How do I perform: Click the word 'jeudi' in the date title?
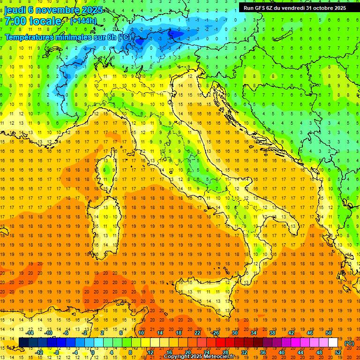point(15,10)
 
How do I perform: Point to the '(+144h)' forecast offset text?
point(83,21)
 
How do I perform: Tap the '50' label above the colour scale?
point(328,333)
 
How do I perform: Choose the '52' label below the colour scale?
point(338,352)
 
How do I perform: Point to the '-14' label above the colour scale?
point(29,333)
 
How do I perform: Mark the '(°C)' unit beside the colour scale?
point(349,343)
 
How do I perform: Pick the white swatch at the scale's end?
point(333,343)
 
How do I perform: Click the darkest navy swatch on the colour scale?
point(24,343)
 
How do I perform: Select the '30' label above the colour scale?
point(234,333)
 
